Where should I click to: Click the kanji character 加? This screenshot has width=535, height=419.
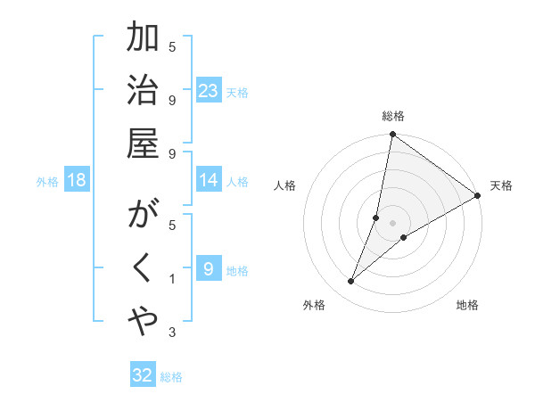143,39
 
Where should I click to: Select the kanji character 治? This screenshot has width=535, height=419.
143,90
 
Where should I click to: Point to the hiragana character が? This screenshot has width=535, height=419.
143,218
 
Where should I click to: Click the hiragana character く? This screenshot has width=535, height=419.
143,268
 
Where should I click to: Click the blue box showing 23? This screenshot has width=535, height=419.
209,91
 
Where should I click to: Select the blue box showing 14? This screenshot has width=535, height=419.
209,180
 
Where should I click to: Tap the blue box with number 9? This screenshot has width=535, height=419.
209,269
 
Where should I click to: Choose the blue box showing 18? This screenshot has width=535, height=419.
77,180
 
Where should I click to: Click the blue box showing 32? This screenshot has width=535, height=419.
143,375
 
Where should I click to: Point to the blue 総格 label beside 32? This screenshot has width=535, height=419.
171,377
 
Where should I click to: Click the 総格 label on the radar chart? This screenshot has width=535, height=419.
393,116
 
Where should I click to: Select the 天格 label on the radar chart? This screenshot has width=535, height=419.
501,185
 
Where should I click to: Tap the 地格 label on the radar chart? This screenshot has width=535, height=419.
467,305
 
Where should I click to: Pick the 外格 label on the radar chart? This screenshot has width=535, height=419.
314,305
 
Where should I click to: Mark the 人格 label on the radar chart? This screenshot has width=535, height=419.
284,185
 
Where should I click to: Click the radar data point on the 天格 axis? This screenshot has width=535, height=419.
478,195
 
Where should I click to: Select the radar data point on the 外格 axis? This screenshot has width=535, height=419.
350,282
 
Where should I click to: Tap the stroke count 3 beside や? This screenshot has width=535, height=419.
172,333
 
